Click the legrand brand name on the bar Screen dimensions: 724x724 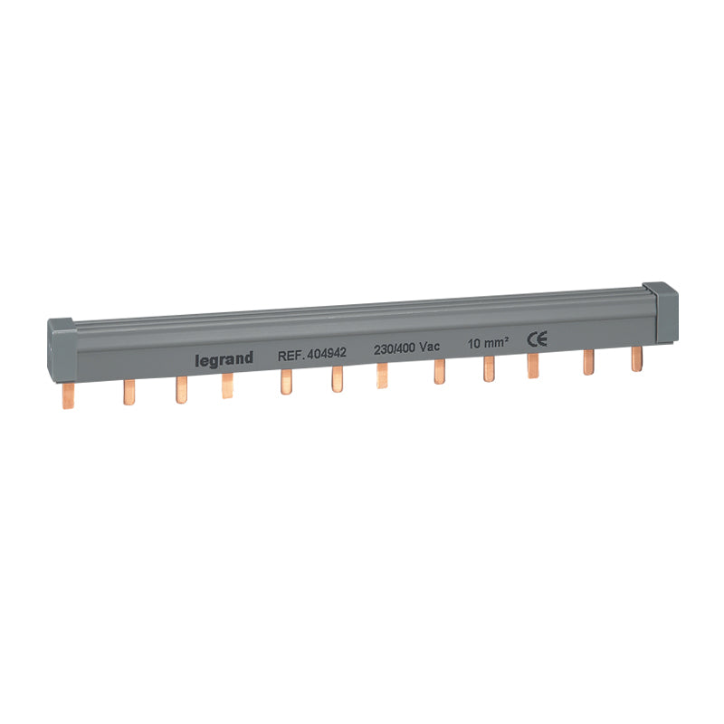224,359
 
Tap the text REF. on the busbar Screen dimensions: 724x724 291,355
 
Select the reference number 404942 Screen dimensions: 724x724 327,353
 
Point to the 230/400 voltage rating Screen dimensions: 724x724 395,349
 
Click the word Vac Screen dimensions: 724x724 429,347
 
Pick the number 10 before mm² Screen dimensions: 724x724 473,344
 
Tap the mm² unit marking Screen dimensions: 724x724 496,342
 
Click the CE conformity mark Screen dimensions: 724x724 538,338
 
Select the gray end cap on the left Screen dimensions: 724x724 62,349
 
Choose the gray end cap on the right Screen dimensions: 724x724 661,312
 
